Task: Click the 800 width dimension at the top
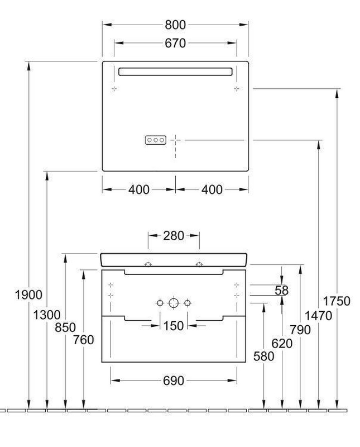click(x=175, y=25)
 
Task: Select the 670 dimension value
click(x=175, y=44)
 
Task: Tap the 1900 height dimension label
click(x=28, y=295)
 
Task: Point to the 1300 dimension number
click(x=47, y=315)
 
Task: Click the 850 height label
click(x=65, y=327)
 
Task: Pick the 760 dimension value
click(x=84, y=340)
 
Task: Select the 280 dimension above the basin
click(x=174, y=236)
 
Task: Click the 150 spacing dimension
click(x=174, y=326)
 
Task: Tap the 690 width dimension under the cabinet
click(x=174, y=381)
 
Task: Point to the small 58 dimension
click(x=282, y=291)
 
